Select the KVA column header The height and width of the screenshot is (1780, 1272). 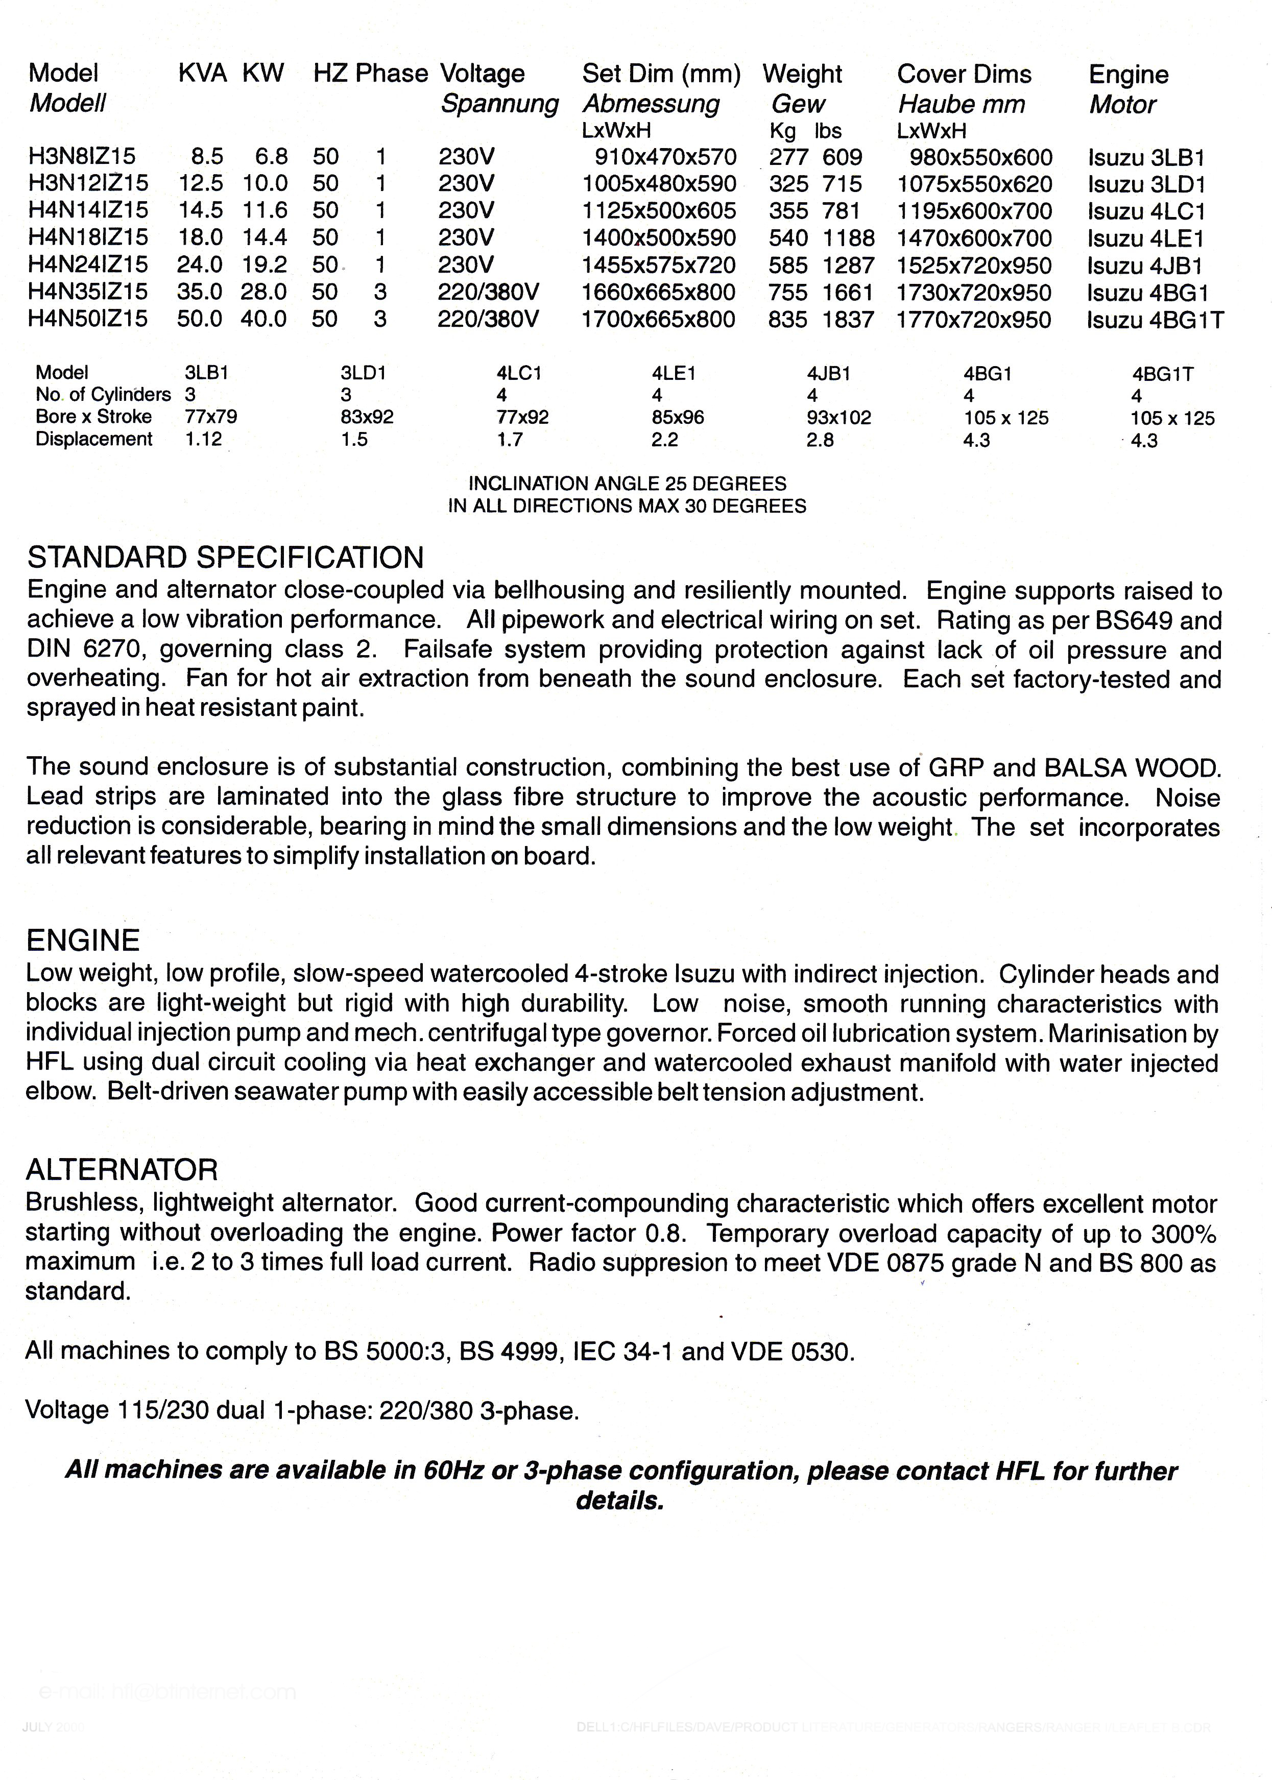(x=202, y=74)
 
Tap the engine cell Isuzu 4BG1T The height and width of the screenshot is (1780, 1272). (x=1155, y=320)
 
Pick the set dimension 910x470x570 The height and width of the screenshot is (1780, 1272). (x=665, y=157)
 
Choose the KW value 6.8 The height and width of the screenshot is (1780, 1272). (x=271, y=157)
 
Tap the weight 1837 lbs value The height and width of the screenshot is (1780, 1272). (x=848, y=320)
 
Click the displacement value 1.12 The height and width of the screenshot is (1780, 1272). (x=204, y=439)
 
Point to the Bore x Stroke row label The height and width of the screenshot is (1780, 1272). (x=93, y=417)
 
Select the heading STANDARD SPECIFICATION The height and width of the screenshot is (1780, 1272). (x=226, y=558)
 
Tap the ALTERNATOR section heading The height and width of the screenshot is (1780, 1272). (x=122, y=1170)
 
